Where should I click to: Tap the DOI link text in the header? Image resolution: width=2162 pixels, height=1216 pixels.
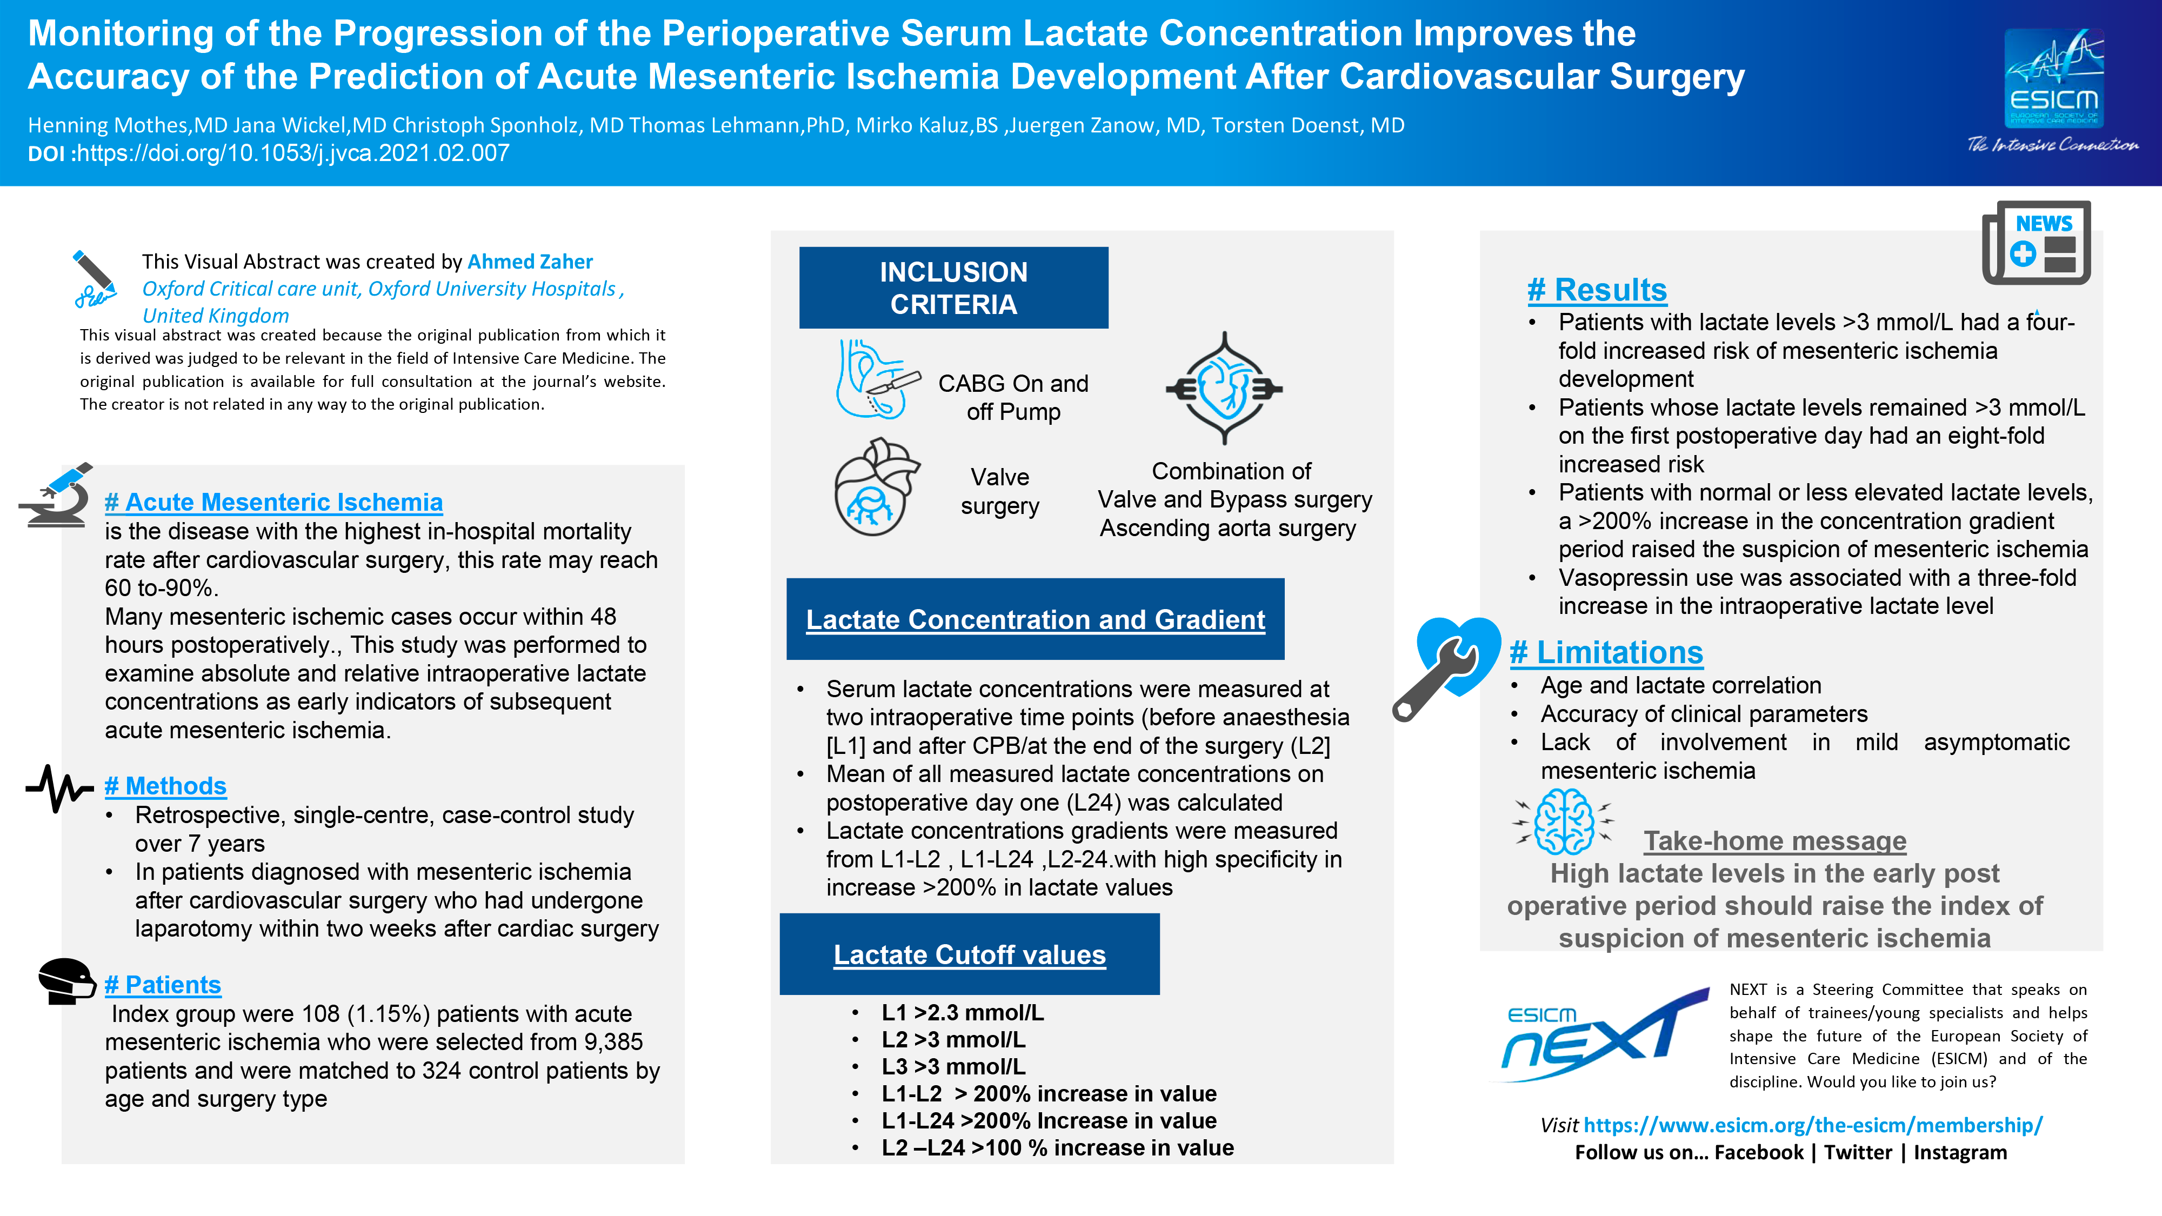click(x=293, y=153)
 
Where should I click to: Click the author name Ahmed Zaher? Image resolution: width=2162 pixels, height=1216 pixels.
click(x=530, y=262)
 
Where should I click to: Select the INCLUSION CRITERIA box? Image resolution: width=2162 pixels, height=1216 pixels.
click(x=953, y=288)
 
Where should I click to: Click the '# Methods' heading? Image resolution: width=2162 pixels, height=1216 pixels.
click(x=165, y=786)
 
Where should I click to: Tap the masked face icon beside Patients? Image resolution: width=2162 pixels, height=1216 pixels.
click(x=67, y=980)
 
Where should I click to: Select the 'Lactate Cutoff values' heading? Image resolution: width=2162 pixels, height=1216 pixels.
click(x=969, y=955)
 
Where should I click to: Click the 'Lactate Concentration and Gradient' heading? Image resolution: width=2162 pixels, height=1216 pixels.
click(x=1035, y=619)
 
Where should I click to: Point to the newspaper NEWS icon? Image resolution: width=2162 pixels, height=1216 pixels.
click(x=2036, y=243)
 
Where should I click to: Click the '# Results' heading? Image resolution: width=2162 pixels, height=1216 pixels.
click(x=1597, y=290)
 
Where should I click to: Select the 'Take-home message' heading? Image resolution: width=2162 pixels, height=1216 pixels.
click(x=1775, y=841)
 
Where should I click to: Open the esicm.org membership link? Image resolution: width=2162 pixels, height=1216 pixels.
click(x=1813, y=1125)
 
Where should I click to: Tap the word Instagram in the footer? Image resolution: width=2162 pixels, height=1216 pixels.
click(x=1960, y=1152)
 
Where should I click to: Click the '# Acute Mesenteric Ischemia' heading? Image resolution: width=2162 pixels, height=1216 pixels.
click(x=273, y=502)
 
